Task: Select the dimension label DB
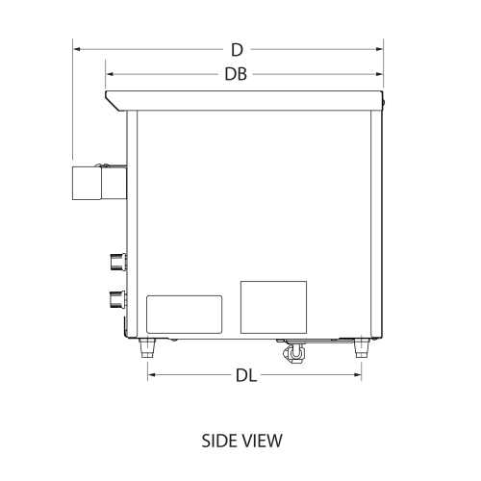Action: point(236,73)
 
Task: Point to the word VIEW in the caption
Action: point(262,442)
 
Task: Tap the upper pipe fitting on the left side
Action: point(116,260)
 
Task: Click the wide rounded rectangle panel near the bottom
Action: point(184,315)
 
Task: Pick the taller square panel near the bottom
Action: point(272,307)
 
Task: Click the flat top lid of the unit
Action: point(245,99)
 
